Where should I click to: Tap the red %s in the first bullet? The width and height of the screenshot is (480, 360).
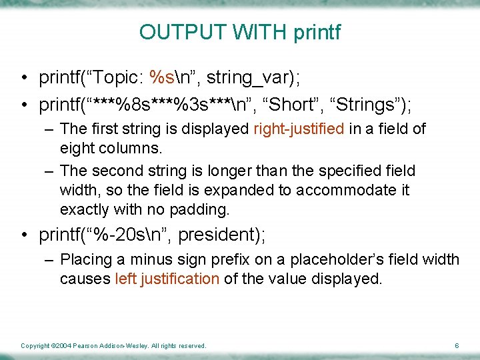coord(163,78)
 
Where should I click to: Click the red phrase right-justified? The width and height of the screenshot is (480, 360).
coord(299,129)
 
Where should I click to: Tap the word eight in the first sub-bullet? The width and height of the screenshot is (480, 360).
coord(76,147)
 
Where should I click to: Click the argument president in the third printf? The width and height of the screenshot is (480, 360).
coord(223,235)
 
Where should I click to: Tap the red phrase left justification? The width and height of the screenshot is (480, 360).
coord(167,278)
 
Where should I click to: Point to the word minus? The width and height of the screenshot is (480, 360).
coord(151,259)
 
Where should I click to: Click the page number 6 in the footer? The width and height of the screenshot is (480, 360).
coord(456,345)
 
